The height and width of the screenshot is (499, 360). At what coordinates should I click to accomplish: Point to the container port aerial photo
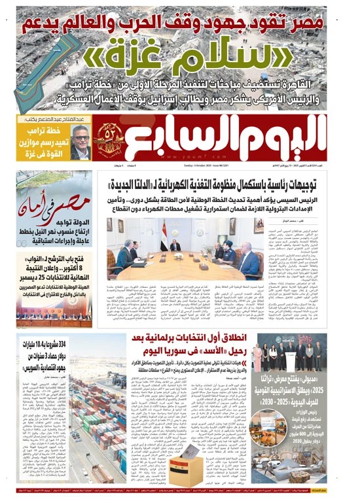tap(52, 432)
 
